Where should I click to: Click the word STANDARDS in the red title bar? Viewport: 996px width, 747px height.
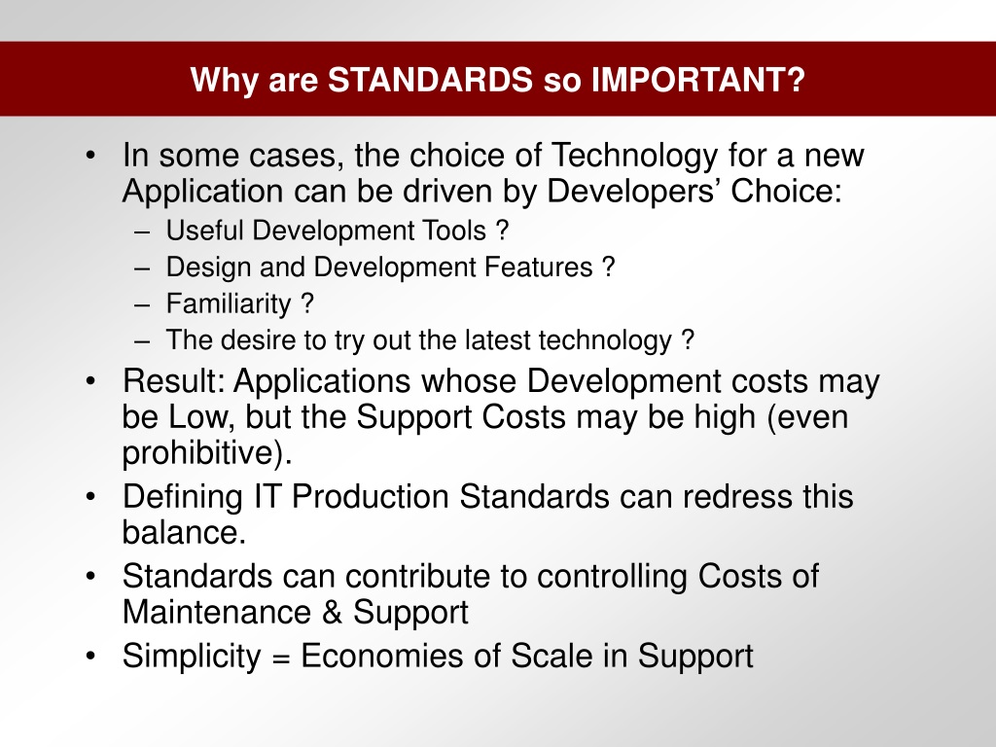pyautogui.click(x=430, y=80)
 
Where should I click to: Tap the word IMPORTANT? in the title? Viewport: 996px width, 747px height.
pyautogui.click(x=698, y=80)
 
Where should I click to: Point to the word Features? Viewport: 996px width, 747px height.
pyautogui.click(x=539, y=267)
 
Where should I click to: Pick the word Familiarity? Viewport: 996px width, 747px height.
pyautogui.click(x=229, y=304)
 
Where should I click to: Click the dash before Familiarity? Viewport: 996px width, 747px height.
pyautogui.click(x=142, y=305)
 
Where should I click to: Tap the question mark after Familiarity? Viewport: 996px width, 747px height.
pyautogui.click(x=307, y=303)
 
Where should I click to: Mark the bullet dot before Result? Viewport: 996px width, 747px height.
pyautogui.click(x=90, y=381)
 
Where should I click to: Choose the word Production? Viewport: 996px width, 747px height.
pyautogui.click(x=371, y=496)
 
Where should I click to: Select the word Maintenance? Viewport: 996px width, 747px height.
pyautogui.click(x=217, y=612)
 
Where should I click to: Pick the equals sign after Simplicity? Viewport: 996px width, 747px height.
pyautogui.click(x=281, y=658)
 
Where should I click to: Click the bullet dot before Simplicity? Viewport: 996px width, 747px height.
pyautogui.click(x=90, y=656)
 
